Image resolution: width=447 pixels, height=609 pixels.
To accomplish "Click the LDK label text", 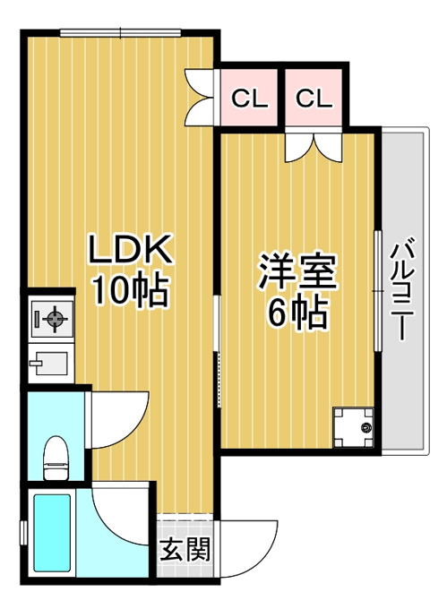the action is [x=130, y=249].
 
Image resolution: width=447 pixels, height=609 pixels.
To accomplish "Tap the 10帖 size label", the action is [x=130, y=290].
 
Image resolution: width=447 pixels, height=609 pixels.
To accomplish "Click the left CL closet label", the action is [x=250, y=99].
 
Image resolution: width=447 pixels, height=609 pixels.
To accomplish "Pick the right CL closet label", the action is [x=314, y=99].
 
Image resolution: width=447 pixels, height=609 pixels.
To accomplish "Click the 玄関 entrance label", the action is [x=185, y=549].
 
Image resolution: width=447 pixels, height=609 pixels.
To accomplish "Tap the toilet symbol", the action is [x=56, y=459].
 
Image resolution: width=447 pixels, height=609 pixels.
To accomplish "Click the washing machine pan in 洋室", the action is [x=353, y=427].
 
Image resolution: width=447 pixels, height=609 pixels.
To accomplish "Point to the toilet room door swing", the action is [x=117, y=419].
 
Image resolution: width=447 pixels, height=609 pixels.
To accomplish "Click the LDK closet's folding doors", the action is [x=200, y=97].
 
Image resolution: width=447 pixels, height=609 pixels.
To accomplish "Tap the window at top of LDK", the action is [x=121, y=32].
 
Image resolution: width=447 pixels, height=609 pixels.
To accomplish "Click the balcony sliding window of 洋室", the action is [x=377, y=291].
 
